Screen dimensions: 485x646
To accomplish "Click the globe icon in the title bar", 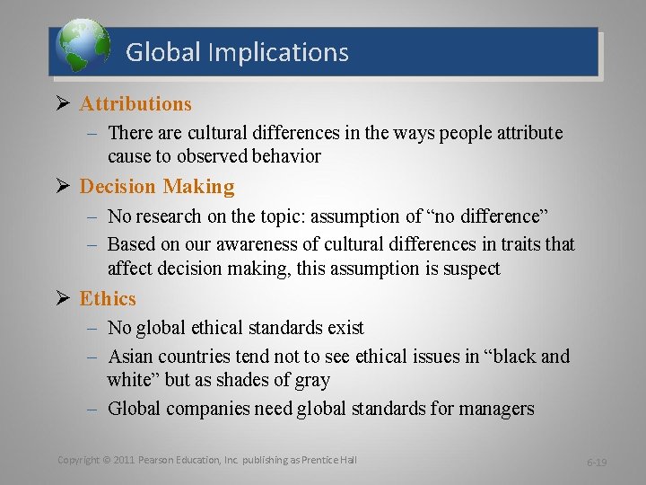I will tap(83, 48).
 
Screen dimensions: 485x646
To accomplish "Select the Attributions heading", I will tap(135, 104).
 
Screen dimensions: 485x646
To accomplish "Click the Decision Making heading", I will tap(157, 187).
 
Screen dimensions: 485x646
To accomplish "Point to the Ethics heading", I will tap(108, 299).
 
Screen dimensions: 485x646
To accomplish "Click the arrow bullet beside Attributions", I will tap(63, 104).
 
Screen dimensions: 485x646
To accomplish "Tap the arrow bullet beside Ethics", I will tap(63, 299).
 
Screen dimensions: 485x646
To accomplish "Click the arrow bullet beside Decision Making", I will tap(63, 187).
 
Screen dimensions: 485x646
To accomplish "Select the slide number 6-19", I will tap(597, 462).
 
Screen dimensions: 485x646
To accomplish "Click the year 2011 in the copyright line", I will tap(125, 460).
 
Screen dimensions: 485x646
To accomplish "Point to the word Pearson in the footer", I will tap(158, 460).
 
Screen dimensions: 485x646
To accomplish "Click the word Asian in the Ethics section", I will tap(133, 357).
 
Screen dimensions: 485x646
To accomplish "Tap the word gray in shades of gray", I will tap(310, 380).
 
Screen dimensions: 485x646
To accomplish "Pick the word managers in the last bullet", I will tap(496, 410).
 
